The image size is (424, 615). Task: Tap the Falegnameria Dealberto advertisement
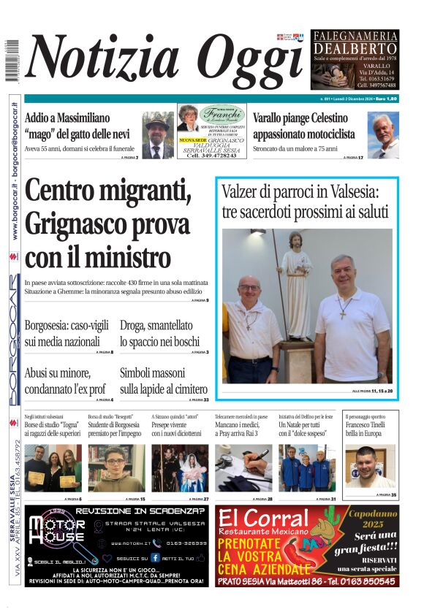355,60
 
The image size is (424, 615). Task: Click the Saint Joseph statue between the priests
295,285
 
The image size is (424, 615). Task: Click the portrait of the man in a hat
157,135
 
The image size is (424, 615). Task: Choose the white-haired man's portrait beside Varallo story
383,135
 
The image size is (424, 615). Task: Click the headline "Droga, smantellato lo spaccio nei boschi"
159,333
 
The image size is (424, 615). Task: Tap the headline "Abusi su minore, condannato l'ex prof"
65,381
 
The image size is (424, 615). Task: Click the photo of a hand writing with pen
243,467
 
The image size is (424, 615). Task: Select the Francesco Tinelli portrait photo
370,467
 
